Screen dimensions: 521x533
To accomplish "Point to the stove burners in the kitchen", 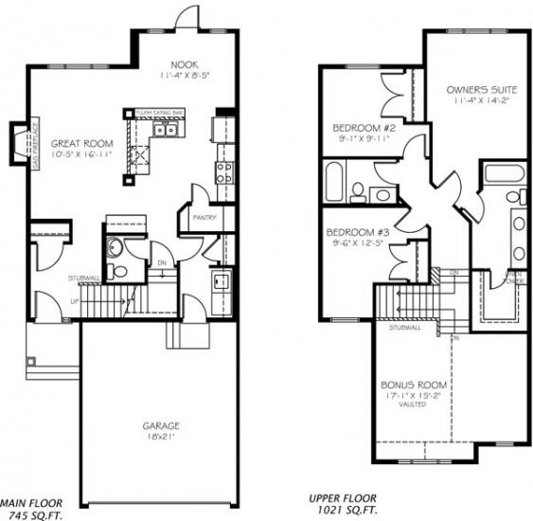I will pyautogui.click(x=225, y=172).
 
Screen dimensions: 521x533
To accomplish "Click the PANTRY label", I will pyautogui.click(x=204, y=218).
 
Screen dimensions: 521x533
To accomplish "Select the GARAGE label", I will pyautogui.click(x=160, y=426).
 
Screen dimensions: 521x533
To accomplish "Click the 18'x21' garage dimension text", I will pyautogui.click(x=160, y=438).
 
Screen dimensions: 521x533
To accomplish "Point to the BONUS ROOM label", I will pyautogui.click(x=415, y=386).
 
